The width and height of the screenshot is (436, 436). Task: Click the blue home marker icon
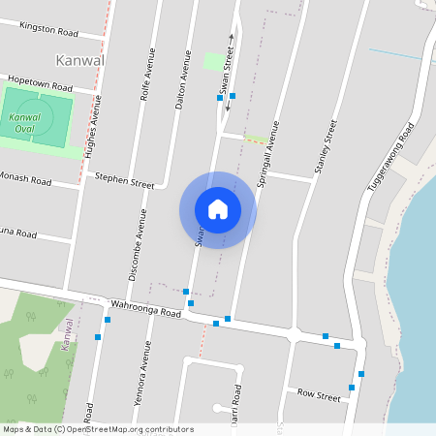point(218,209)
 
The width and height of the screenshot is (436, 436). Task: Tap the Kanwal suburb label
point(80,60)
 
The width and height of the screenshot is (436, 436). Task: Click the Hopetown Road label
point(41,81)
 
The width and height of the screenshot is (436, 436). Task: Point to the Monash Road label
point(25,181)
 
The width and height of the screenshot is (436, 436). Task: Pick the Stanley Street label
point(325,147)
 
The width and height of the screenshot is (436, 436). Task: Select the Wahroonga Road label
point(145,309)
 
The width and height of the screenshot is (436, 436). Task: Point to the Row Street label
point(319,395)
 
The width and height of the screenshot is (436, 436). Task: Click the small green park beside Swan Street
point(214,61)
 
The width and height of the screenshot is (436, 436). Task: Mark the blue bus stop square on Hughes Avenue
point(97,337)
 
